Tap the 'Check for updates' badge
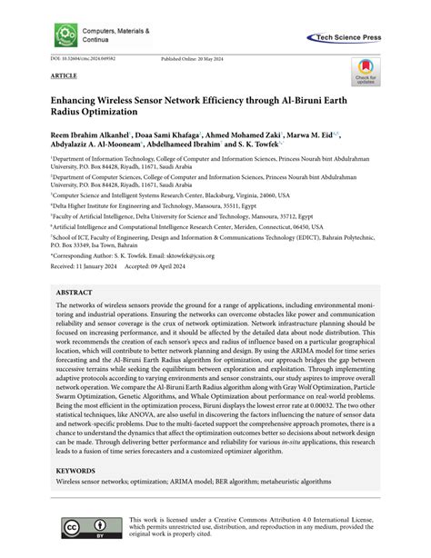tap(363, 72)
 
